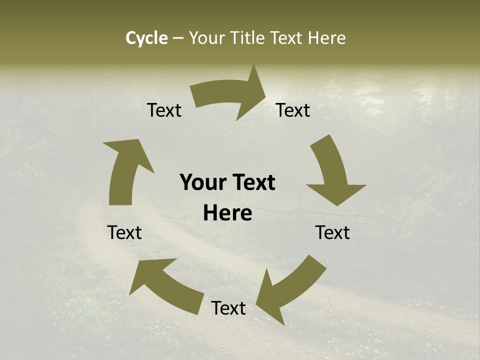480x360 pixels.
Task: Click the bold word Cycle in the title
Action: click(146, 38)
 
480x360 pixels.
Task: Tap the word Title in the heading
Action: click(246, 38)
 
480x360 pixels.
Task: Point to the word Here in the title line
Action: click(326, 38)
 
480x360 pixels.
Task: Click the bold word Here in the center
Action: click(227, 213)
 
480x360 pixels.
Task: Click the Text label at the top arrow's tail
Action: click(164, 110)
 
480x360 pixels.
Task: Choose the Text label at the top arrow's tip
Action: click(293, 110)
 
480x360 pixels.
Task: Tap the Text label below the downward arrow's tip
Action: click(332, 232)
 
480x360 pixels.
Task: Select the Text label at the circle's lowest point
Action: click(228, 308)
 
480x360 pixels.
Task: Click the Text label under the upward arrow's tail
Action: click(124, 232)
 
